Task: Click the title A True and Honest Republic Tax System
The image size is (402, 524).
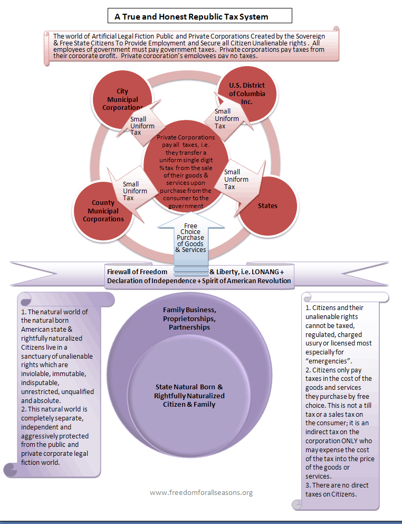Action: click(192, 16)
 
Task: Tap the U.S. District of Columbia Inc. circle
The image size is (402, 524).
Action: click(247, 93)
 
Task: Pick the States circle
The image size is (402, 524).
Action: click(267, 205)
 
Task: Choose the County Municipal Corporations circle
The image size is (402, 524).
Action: click(103, 211)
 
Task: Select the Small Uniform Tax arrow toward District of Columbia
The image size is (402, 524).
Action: click(223, 119)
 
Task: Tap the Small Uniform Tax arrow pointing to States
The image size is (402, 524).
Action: click(237, 179)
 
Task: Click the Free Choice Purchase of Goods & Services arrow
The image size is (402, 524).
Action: click(191, 238)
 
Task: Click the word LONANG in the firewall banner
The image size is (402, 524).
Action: click(260, 272)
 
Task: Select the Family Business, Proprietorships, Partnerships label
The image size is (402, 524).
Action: click(189, 319)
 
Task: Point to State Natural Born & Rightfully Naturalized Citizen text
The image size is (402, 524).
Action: click(189, 395)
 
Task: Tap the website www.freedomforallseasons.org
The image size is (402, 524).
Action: click(201, 492)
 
